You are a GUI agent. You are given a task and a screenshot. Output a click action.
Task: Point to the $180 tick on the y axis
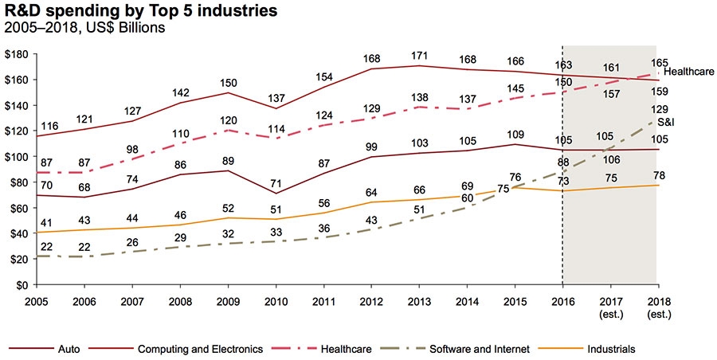(x=17, y=54)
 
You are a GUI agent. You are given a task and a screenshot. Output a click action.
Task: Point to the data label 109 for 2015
(x=516, y=134)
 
